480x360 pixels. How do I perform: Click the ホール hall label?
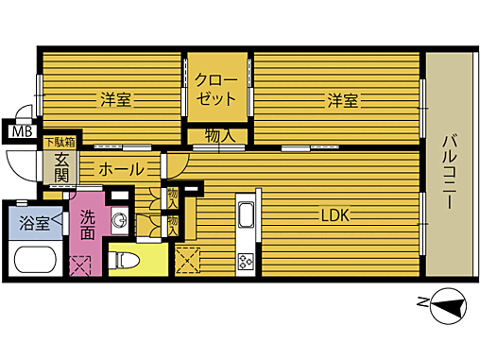121,170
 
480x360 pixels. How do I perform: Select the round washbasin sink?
120,221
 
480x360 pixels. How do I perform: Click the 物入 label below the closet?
219,136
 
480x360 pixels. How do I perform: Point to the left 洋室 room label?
115,98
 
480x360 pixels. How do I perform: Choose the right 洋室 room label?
343,98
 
